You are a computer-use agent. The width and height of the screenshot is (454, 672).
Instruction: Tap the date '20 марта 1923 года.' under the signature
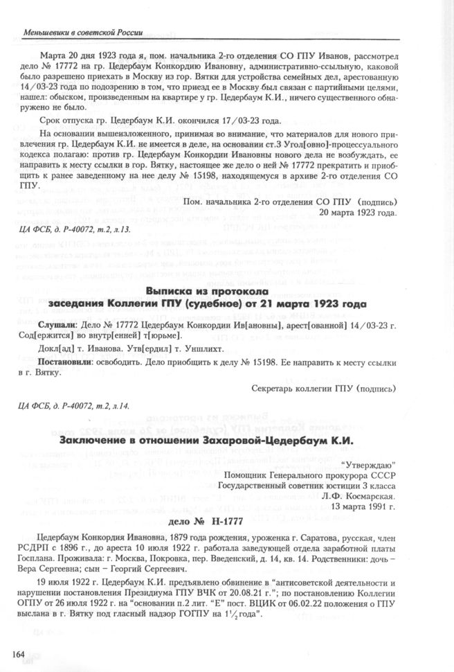(x=358, y=211)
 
